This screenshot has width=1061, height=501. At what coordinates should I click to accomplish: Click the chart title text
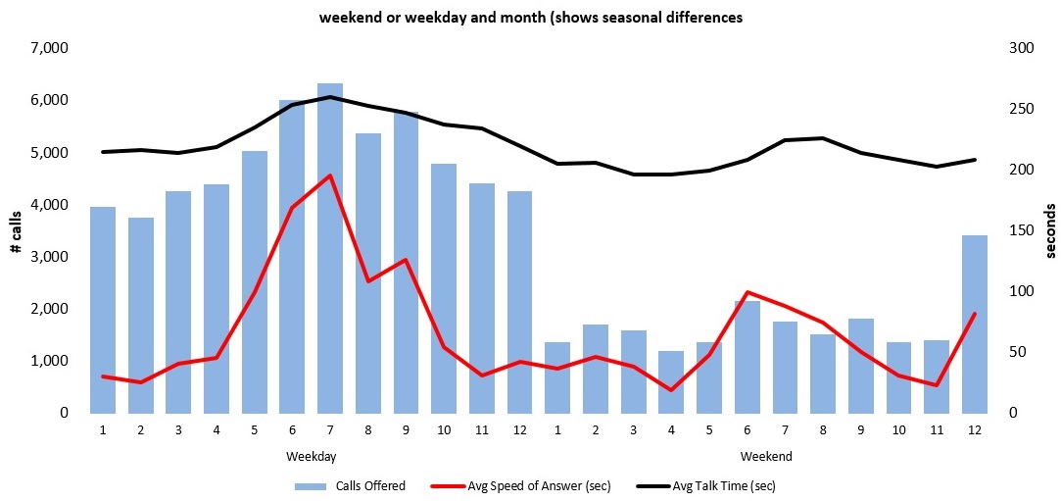[530, 17]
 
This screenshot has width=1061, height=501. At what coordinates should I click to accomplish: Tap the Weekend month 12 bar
[975, 324]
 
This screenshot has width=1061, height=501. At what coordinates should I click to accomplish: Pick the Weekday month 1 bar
[103, 310]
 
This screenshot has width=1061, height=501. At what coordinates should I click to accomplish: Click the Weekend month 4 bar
[671, 382]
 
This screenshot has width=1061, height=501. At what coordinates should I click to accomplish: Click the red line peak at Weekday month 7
[330, 175]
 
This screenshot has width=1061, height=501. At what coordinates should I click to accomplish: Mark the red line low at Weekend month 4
[671, 390]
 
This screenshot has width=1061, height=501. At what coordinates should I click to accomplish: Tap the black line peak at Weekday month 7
[330, 97]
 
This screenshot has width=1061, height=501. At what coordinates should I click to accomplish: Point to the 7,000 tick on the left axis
[51, 48]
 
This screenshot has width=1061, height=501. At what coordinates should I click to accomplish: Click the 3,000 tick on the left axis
[51, 257]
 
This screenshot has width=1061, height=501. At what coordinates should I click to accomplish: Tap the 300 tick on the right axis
[1022, 48]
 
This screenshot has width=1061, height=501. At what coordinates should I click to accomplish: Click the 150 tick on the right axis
[1022, 230]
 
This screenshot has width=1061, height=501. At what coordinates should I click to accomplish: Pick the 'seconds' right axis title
[1050, 230]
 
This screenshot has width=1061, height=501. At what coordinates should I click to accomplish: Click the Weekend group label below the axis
[766, 457]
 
